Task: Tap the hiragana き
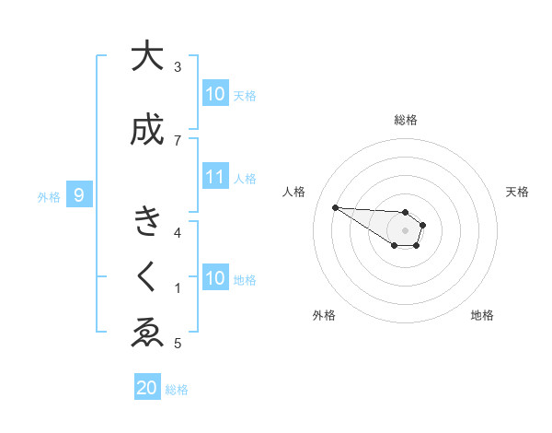145,222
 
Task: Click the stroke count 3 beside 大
178,66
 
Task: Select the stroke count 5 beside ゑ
177,344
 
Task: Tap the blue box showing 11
215,177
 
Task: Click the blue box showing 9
79,195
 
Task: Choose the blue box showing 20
146,388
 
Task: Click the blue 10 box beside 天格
215,94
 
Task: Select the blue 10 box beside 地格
215,278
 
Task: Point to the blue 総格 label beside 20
177,390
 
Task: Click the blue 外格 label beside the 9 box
48,196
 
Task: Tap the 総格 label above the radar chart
405,120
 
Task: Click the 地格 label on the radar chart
482,315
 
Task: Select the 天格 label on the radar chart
517,192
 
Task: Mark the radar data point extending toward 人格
335,207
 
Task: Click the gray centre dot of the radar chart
405,229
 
